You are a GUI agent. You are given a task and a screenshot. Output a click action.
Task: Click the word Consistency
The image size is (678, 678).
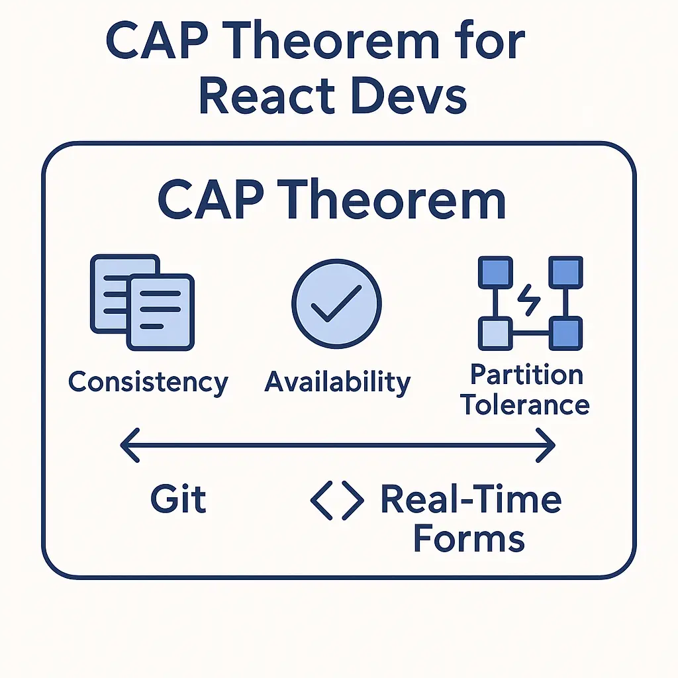coord(148,383)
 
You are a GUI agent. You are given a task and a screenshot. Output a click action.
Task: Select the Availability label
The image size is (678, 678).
coord(337,383)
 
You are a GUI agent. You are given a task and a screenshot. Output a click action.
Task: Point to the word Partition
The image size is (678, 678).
coord(526,375)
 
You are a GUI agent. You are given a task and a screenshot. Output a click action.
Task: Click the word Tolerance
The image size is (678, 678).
coord(525,405)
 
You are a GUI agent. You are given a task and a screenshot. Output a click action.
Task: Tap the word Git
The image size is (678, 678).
coord(178,499)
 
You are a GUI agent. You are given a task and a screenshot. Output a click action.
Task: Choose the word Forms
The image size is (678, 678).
coord(469,538)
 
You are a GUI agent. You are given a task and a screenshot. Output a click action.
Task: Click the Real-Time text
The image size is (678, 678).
coord(471,499)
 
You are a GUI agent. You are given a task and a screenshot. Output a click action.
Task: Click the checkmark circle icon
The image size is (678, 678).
coord(337,304)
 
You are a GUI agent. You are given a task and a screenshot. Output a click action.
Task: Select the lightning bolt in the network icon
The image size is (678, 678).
coord(529,300)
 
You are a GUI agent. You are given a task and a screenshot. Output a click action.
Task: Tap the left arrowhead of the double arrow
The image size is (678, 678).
coord(130,446)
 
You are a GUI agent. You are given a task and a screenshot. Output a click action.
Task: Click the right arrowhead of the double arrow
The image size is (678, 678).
coord(546,446)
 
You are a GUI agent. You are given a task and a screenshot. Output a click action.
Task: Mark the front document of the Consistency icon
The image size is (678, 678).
coord(160,312)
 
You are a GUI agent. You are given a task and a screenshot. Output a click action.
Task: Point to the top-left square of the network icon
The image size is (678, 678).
coord(495,272)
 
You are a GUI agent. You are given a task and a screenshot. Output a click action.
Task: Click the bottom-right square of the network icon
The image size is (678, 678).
coord(565,334)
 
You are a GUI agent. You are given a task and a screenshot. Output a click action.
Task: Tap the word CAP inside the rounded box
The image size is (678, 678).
coord(211,201)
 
